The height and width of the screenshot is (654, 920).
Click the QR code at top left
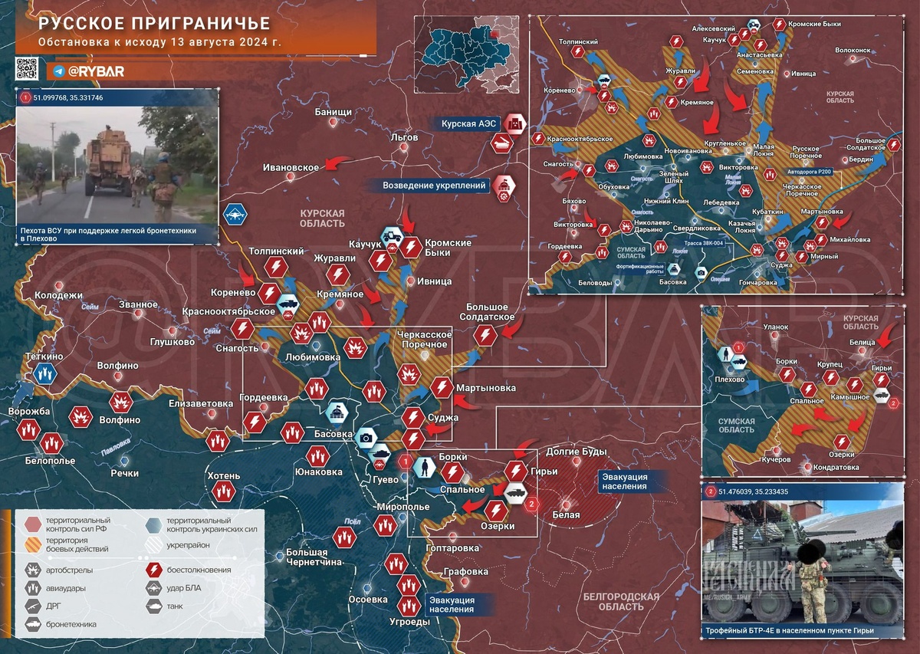(27, 69)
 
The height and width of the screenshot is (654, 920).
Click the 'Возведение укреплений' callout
(435, 185)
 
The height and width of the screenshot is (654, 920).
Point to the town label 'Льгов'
(404, 137)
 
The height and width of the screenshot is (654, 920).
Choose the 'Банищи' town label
(333, 113)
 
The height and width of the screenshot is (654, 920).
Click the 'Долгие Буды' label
(576, 452)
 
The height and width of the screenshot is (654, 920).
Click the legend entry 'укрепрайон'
(188, 545)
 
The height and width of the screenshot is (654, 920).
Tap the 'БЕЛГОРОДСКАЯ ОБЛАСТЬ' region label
(621, 603)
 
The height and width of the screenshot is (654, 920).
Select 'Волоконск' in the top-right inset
(853, 50)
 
